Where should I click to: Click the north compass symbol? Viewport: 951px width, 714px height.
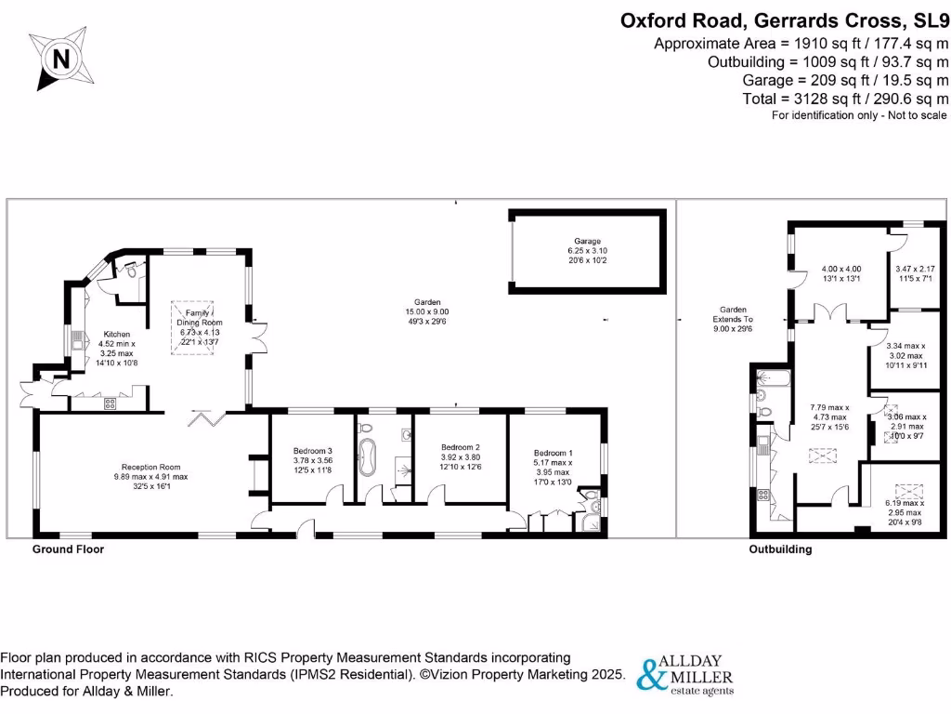tap(61, 59)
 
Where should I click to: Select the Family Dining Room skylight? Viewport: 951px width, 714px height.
tap(192, 327)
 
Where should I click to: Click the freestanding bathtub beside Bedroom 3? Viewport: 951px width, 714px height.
tap(369, 456)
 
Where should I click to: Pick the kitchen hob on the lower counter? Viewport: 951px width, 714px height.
tap(109, 403)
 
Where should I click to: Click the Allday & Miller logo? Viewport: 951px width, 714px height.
tap(684, 675)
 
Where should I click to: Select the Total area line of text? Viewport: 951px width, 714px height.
tap(845, 99)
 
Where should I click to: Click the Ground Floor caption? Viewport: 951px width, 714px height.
tap(68, 549)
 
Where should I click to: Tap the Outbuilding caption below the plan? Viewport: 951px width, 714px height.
tap(780, 549)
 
